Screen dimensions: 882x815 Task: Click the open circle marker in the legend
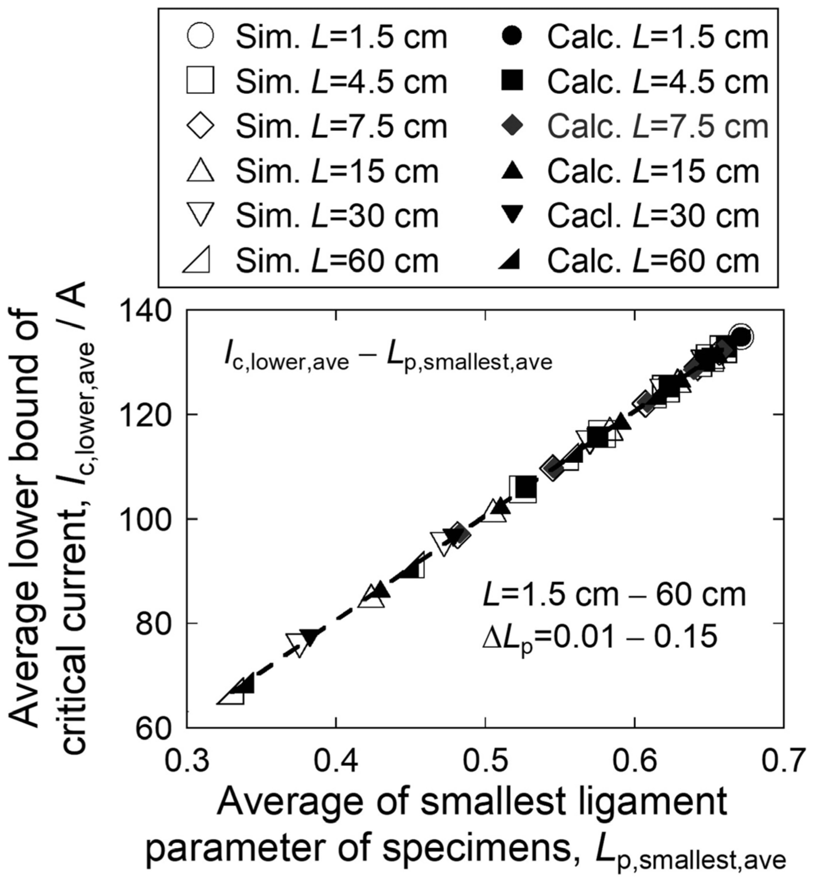pos(201,37)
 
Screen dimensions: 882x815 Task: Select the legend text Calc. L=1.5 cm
pos(658,37)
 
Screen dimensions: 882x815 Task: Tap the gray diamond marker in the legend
pos(512,126)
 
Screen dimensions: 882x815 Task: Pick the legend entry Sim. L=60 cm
pos(337,261)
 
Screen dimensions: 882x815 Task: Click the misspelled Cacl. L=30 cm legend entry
pos(653,216)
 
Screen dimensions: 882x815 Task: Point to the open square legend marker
pos(201,81)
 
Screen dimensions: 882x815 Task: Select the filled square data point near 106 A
pos(525,488)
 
